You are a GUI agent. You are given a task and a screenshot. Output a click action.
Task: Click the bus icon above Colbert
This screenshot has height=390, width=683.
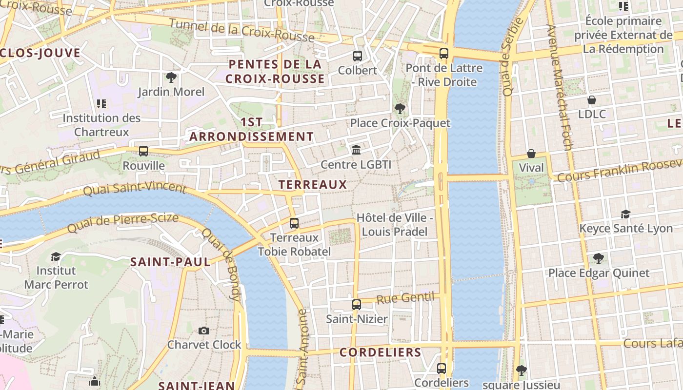[x=358, y=56]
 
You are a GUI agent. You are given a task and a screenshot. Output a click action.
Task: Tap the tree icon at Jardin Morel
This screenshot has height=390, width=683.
[x=171, y=78]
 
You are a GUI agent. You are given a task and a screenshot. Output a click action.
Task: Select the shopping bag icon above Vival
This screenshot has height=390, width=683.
[x=531, y=154]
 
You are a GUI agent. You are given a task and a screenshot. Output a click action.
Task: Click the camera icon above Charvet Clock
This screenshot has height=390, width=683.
[x=204, y=331]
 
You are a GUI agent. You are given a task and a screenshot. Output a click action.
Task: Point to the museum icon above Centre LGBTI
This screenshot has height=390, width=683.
[x=356, y=150]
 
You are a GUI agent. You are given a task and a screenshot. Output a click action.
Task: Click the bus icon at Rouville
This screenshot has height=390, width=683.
[x=143, y=151]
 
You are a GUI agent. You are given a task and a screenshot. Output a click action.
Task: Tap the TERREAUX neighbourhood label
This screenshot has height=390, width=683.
[x=312, y=185]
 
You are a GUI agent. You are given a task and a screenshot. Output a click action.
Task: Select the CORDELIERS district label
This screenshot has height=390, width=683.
[x=380, y=352]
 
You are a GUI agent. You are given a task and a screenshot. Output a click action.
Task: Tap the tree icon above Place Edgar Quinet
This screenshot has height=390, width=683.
[x=598, y=258]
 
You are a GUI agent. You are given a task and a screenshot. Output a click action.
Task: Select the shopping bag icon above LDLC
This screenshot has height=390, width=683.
[x=592, y=100]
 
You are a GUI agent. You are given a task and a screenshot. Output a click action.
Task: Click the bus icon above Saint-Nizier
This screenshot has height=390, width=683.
[x=357, y=305]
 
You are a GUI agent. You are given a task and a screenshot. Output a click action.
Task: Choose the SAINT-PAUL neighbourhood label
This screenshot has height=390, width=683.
[x=170, y=262]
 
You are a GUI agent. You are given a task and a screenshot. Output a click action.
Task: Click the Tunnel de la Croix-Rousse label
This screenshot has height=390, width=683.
[x=241, y=30]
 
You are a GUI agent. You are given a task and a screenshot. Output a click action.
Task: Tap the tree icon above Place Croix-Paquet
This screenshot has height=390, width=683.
[x=400, y=108]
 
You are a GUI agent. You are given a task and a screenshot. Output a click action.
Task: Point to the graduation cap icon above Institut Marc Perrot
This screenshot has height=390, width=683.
[x=56, y=256]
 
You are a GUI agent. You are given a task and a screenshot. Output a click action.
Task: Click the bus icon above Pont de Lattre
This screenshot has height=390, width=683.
[x=443, y=54]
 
